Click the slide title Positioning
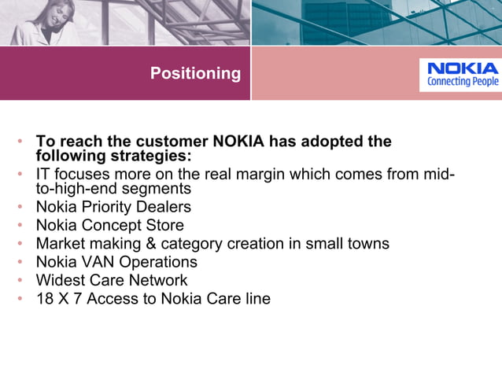tap(195, 73)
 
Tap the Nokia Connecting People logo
tap(462, 73)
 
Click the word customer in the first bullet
tap(171, 142)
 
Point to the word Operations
tap(157, 262)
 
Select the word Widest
tap(61, 280)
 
